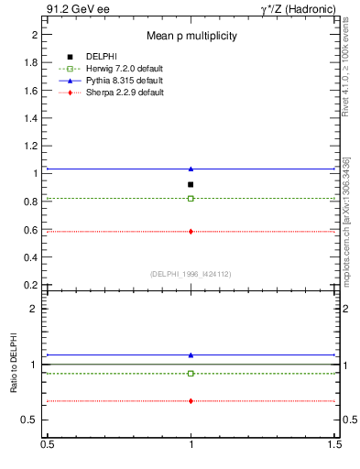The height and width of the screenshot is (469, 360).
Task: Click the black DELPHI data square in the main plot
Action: click(191, 184)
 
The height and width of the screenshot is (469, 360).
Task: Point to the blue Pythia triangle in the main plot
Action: click(191, 169)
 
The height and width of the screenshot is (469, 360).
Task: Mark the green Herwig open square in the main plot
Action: click(191, 198)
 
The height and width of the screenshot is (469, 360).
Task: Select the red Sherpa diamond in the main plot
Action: click(191, 231)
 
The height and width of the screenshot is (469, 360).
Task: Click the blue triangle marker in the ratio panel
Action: click(191, 354)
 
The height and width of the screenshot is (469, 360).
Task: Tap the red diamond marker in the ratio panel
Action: click(191, 400)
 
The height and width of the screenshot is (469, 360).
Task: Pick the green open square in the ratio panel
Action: click(191, 373)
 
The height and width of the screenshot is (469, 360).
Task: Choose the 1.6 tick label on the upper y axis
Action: click(30, 90)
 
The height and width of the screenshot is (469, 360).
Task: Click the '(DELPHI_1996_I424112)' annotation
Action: click(191, 273)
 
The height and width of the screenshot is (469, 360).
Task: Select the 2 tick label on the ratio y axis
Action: click(35, 309)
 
